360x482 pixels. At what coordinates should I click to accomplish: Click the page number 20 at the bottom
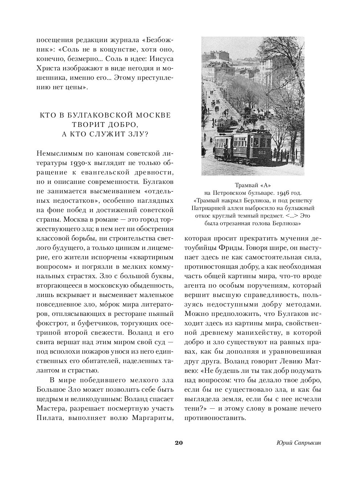(179, 442)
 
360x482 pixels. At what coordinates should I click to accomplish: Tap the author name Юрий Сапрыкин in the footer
(299, 443)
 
